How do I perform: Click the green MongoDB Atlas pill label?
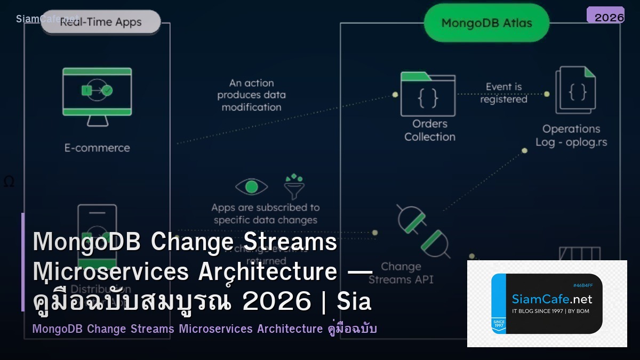pyautogui.click(x=486, y=23)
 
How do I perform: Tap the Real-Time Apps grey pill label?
pyautogui.click(x=100, y=22)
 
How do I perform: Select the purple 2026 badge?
pyautogui.click(x=606, y=15)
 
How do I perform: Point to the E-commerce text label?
pyautogui.click(x=97, y=148)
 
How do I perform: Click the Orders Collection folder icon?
pyautogui.click(x=428, y=94)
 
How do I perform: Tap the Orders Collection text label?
pyautogui.click(x=429, y=130)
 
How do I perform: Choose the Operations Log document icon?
pyautogui.click(x=575, y=90)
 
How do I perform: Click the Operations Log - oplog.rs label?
pyautogui.click(x=571, y=135)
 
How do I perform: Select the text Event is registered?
pyautogui.click(x=503, y=93)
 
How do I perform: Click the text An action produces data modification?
pyautogui.click(x=251, y=95)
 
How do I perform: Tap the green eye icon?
pyautogui.click(x=251, y=187)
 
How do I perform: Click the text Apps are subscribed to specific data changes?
pyautogui.click(x=265, y=213)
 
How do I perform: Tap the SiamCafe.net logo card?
pyautogui.click(x=547, y=303)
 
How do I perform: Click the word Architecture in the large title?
pyautogui.click(x=267, y=273)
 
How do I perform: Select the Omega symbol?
pyautogui.click(x=9, y=182)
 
